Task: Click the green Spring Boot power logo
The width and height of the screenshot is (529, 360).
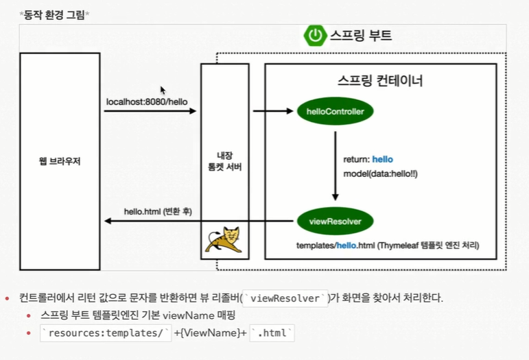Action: pyautogui.click(x=315, y=36)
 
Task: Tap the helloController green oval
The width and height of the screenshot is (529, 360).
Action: pyautogui.click(x=335, y=111)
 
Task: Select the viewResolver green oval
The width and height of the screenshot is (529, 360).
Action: pyautogui.click(x=335, y=221)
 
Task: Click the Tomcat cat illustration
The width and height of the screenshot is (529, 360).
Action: pyautogui.click(x=224, y=240)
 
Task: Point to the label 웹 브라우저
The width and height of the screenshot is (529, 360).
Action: pyautogui.click(x=60, y=161)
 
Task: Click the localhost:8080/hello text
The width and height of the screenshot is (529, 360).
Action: pyautogui.click(x=147, y=101)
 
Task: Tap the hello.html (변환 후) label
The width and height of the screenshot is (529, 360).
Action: pyautogui.click(x=158, y=212)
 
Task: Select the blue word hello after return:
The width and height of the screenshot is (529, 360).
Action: pyautogui.click(x=383, y=159)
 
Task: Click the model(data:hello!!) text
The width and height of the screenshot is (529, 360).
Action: pyautogui.click(x=380, y=174)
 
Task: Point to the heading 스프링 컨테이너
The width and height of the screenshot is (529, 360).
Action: pyautogui.click(x=380, y=80)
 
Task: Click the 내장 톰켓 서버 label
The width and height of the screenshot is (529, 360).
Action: pyautogui.click(x=224, y=161)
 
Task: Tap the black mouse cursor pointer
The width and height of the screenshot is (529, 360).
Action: pyautogui.click(x=163, y=91)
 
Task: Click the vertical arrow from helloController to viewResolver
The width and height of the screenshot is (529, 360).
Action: pyautogui.click(x=335, y=166)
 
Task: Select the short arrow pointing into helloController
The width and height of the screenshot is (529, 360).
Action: pyautogui.click(x=273, y=111)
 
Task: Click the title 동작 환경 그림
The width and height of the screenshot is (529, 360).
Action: pyautogui.click(x=54, y=15)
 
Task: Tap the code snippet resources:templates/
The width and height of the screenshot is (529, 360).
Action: pyautogui.click(x=106, y=333)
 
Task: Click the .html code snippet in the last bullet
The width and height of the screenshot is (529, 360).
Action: pyautogui.click(x=272, y=333)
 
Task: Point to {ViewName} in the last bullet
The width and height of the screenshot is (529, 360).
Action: pyautogui.click(x=211, y=333)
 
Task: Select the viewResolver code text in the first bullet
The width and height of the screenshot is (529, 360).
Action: pyautogui.click(x=285, y=298)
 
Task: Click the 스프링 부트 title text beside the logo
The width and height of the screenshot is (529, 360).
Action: pyautogui.click(x=361, y=35)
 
